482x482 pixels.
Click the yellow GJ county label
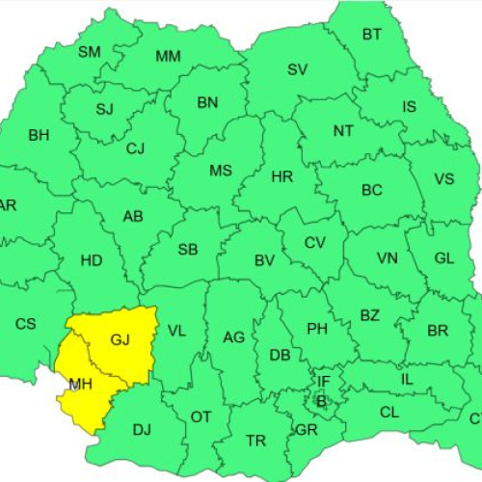tap(120, 339)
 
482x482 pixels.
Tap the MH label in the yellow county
tap(79, 387)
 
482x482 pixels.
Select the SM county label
tap(89, 52)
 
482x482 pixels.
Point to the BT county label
tap(372, 35)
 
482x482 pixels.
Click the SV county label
tap(297, 69)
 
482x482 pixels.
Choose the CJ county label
tap(135, 148)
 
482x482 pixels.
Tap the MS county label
tap(221, 171)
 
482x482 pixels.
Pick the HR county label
tap(282, 176)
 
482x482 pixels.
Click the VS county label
tap(443, 179)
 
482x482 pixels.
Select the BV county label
tap(265, 260)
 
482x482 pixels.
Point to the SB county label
tap(188, 250)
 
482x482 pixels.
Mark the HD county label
tap(92, 260)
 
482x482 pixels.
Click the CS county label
tap(25, 324)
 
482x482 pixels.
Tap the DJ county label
tap(142, 429)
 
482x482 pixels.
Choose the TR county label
tap(255, 441)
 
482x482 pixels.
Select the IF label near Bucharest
tap(324, 382)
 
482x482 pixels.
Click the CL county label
tap(389, 413)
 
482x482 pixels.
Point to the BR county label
tap(438, 331)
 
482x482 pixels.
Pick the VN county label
tap(388, 258)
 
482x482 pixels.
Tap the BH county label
tap(39, 136)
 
